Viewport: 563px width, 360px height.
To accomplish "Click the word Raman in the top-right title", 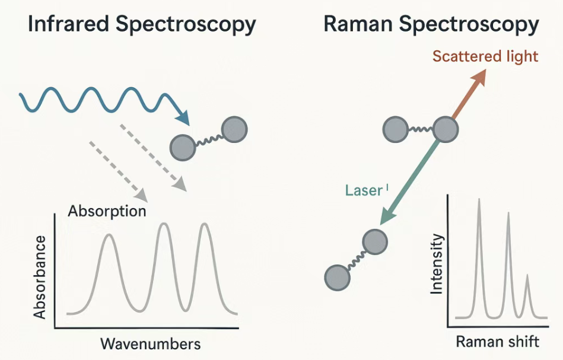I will (x=358, y=24).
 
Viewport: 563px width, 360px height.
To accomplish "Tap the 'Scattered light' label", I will (x=485, y=56).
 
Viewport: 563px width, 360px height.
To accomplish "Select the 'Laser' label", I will (x=362, y=191).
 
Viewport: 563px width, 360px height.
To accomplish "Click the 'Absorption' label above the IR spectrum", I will (x=107, y=211).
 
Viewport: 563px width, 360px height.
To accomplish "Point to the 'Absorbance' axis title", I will (x=40, y=276).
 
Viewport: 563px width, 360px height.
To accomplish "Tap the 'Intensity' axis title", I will (x=437, y=264).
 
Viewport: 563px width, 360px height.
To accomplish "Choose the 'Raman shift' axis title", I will (x=497, y=342).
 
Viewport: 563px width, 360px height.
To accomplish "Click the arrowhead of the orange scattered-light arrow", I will (x=480, y=75).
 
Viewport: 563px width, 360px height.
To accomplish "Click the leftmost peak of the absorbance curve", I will (x=109, y=236).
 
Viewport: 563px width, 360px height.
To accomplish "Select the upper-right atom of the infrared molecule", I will (x=234, y=129).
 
